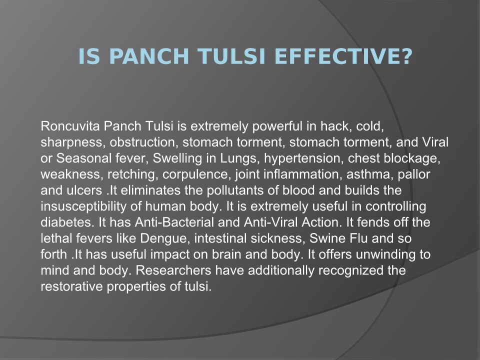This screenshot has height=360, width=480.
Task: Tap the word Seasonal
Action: [x=84, y=158]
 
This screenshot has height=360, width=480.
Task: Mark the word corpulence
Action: [x=197, y=174]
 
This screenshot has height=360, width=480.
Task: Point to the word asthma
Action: [x=370, y=174]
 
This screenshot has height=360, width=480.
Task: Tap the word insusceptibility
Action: [x=83, y=206]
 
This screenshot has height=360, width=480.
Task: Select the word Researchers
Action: [x=173, y=270]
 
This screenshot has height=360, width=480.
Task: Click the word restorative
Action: [x=71, y=286]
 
